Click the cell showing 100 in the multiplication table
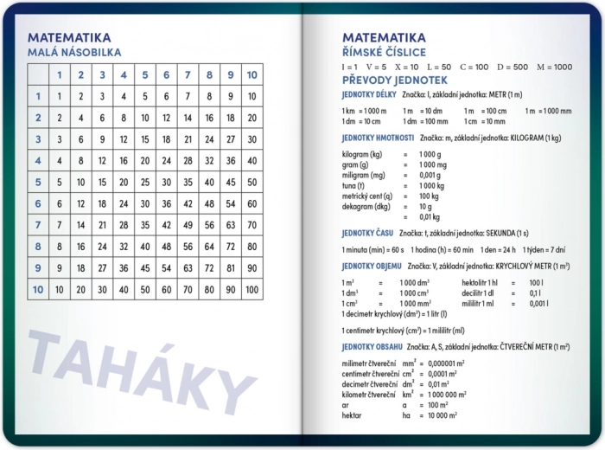click(252, 290)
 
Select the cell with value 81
click(230, 268)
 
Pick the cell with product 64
click(209, 247)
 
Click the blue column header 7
click(188, 74)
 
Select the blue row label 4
click(37, 160)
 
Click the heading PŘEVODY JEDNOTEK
click(393, 80)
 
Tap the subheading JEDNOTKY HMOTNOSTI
click(378, 138)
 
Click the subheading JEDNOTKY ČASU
click(367, 233)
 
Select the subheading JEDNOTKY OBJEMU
click(372, 266)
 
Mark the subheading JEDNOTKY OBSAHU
click(373, 346)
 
